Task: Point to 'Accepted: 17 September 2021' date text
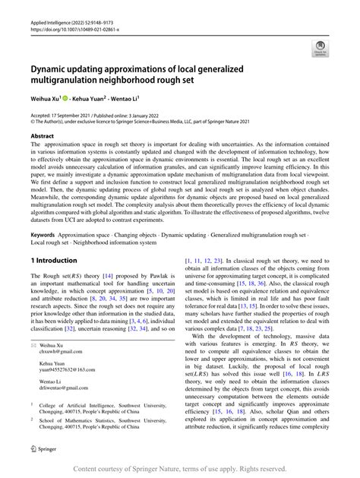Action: (62, 113)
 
